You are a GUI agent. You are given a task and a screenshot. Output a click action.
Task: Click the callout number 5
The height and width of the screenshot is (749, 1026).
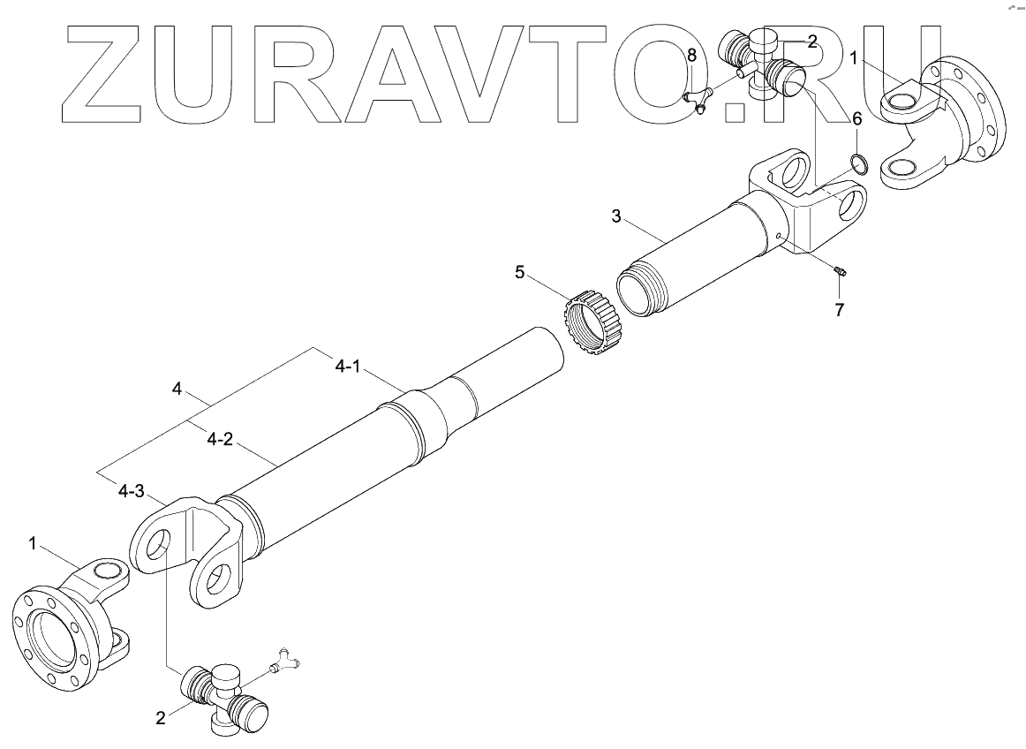click(x=520, y=272)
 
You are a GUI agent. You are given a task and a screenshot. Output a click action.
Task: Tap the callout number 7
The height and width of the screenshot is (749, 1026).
click(x=839, y=309)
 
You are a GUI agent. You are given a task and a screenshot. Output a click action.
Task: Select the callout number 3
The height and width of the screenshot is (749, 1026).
click(x=617, y=216)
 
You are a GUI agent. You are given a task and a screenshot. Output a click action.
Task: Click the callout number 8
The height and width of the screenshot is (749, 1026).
click(x=691, y=56)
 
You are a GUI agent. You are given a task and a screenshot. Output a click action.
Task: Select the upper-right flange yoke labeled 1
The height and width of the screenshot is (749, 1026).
click(x=945, y=124)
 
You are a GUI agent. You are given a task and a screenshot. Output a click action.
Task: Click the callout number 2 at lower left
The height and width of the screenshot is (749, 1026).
click(x=161, y=718)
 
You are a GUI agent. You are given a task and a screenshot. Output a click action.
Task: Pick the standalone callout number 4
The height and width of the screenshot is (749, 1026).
click(x=177, y=389)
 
